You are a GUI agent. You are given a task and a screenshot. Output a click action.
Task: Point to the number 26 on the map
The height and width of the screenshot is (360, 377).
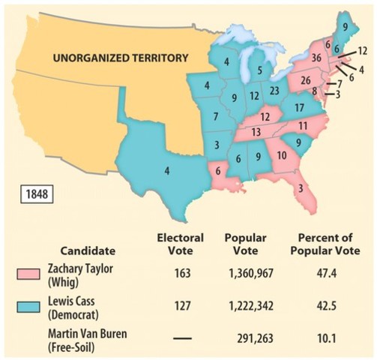(305, 79)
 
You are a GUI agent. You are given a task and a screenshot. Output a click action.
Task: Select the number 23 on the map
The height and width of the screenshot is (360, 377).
(274, 90)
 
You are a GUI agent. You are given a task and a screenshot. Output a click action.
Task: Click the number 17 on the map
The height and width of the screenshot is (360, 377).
(298, 107)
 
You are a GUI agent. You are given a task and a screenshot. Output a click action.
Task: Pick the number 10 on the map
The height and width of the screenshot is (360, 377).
(280, 156)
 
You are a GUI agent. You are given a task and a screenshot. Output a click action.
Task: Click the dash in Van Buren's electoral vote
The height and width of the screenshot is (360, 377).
(181, 339)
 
